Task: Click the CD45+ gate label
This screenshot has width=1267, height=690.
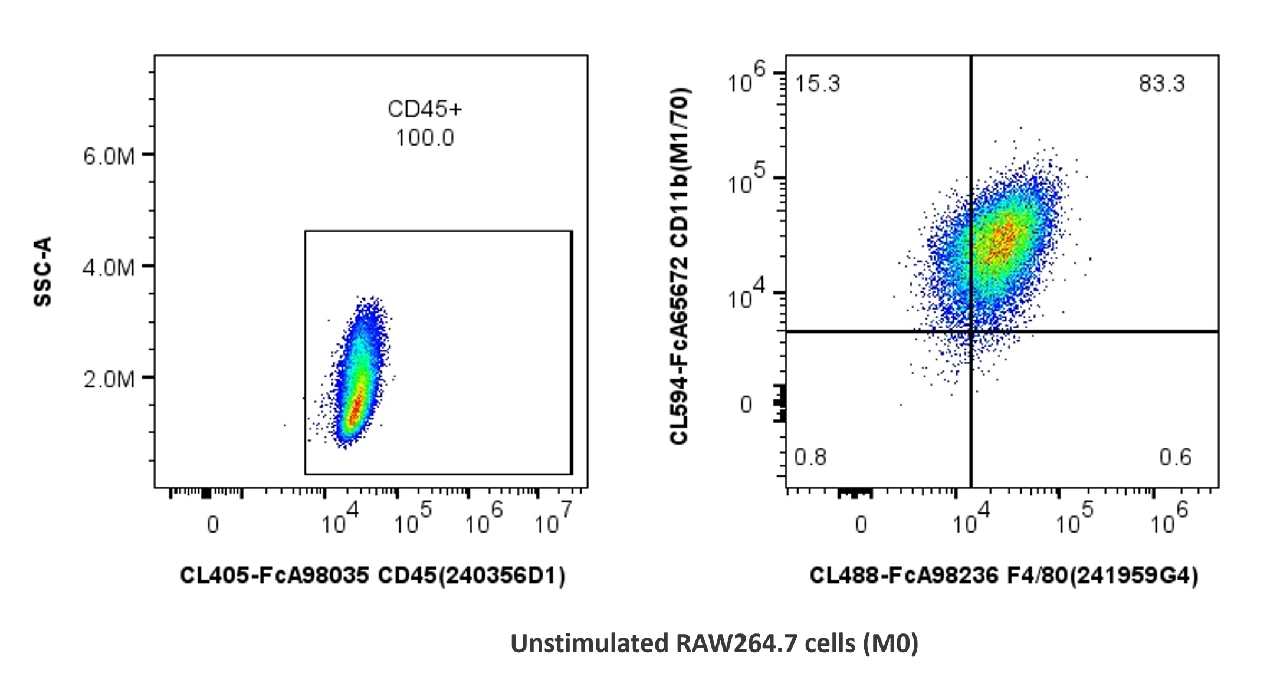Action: (x=425, y=109)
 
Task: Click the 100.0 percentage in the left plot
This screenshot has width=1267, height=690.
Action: (x=425, y=138)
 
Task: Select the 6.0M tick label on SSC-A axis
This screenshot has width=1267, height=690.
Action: (x=109, y=156)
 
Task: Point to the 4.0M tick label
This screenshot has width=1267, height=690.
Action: (x=109, y=268)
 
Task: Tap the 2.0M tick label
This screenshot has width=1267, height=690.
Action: (x=109, y=379)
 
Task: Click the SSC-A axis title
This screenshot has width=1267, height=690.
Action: (x=43, y=271)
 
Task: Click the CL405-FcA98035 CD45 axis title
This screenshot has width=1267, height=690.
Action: (x=372, y=576)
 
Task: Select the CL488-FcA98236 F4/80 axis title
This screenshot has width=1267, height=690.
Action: (x=1003, y=576)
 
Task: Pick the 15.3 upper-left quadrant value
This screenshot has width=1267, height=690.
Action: (x=817, y=84)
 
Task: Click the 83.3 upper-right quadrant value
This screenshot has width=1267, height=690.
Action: (x=1161, y=84)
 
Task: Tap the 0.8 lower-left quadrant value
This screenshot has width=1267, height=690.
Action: (x=810, y=457)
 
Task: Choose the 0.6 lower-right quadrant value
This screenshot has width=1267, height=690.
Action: (x=1175, y=457)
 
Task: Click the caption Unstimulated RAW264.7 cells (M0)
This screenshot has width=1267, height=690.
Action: (x=714, y=643)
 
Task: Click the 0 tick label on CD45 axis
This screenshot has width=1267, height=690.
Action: (x=213, y=524)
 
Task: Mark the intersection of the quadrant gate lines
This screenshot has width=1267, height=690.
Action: (x=970, y=331)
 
